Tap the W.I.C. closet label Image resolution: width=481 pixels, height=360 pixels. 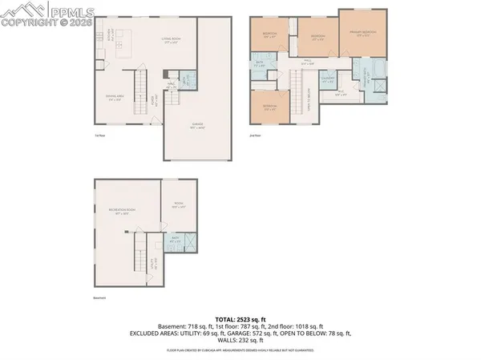point(340,94)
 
